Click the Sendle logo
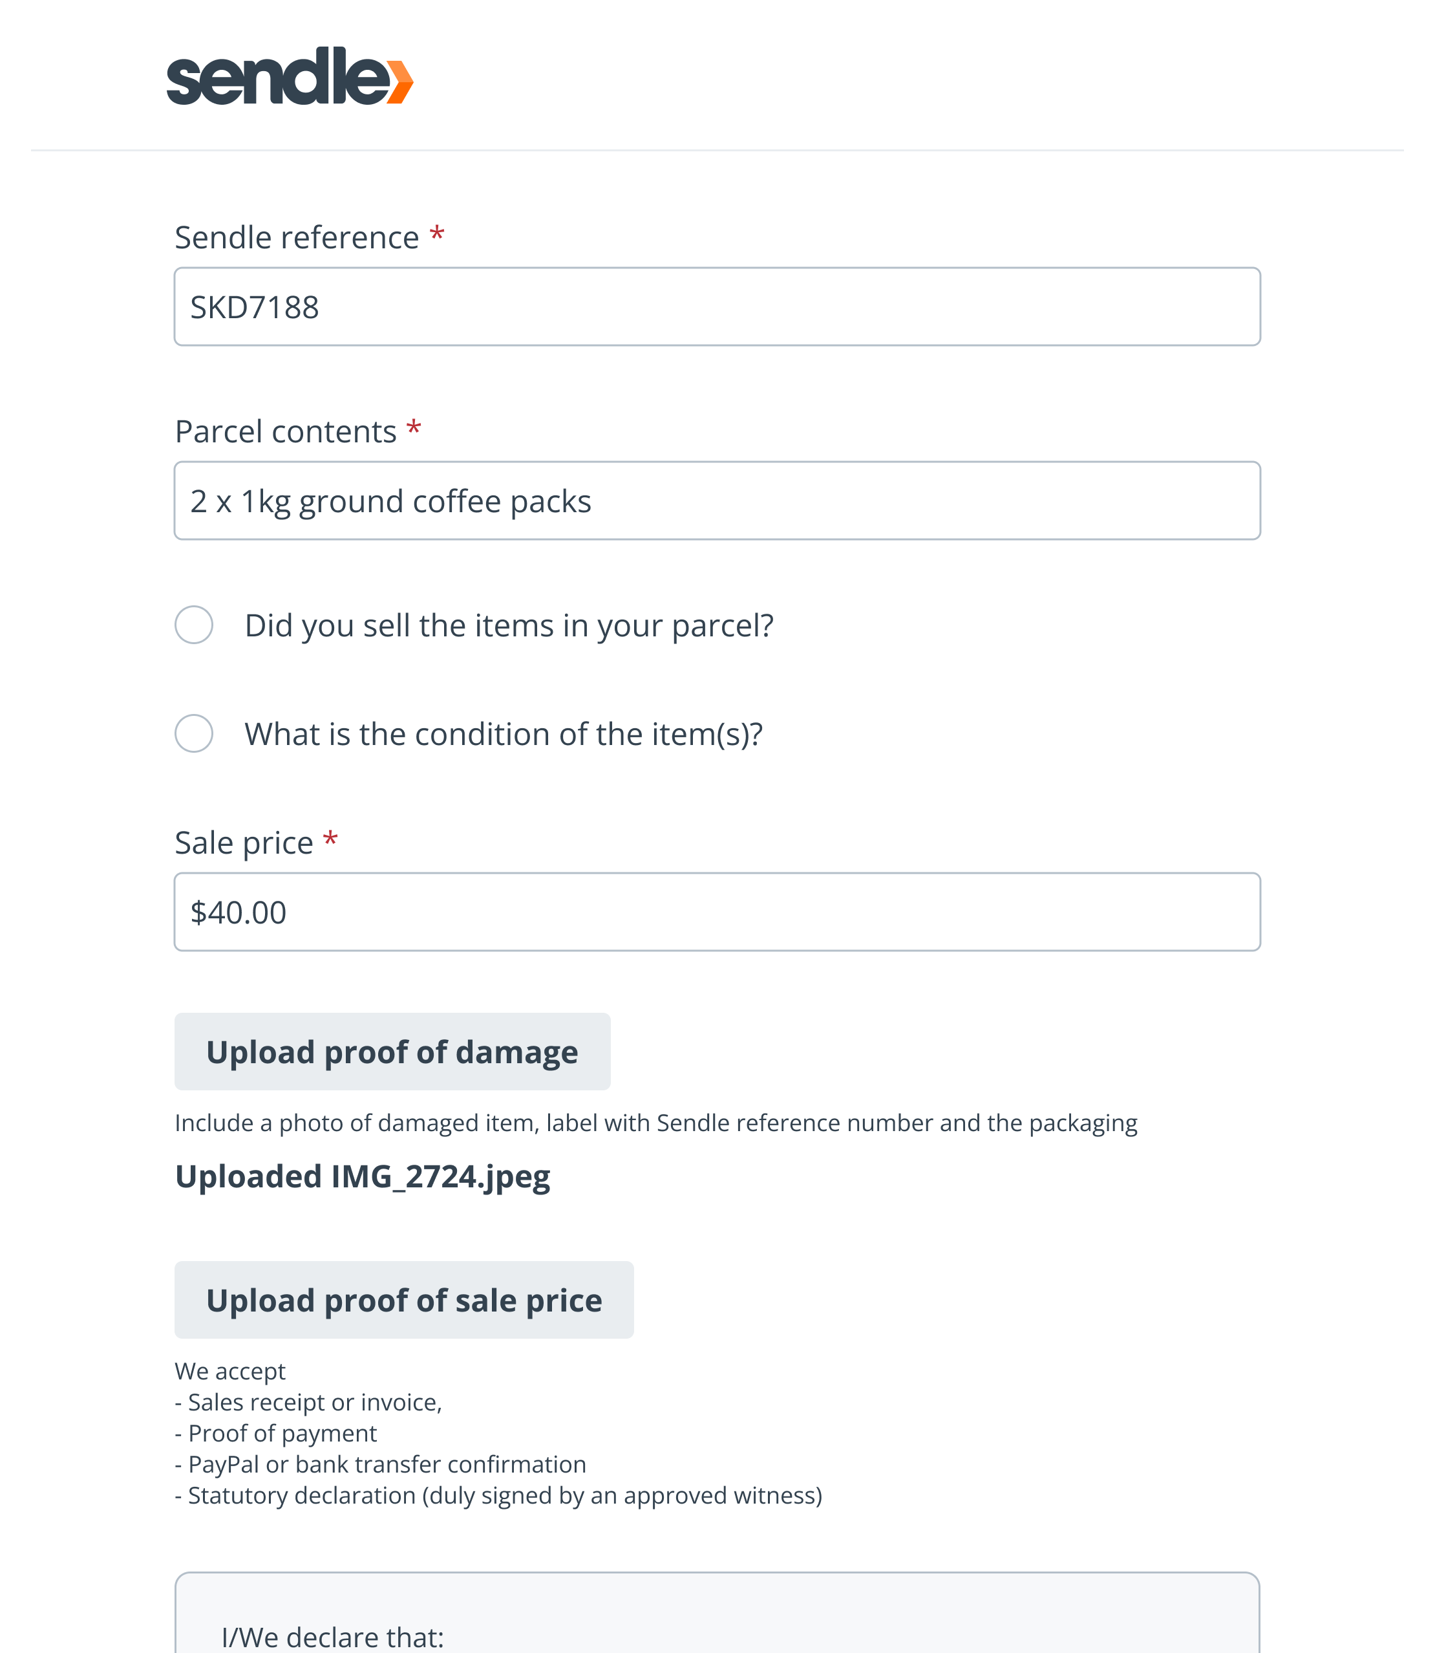[288, 76]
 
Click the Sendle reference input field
[717, 307]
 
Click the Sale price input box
[717, 912]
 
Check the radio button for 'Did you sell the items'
[194, 625]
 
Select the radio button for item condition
[194, 733]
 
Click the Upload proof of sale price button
[403, 1300]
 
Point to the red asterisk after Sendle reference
[436, 235]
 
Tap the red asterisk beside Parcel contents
[413, 429]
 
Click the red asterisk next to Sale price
[330, 839]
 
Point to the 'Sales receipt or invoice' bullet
[314, 1402]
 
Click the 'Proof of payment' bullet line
[282, 1434]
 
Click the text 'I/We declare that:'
[332, 1636]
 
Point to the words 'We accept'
[230, 1371]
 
